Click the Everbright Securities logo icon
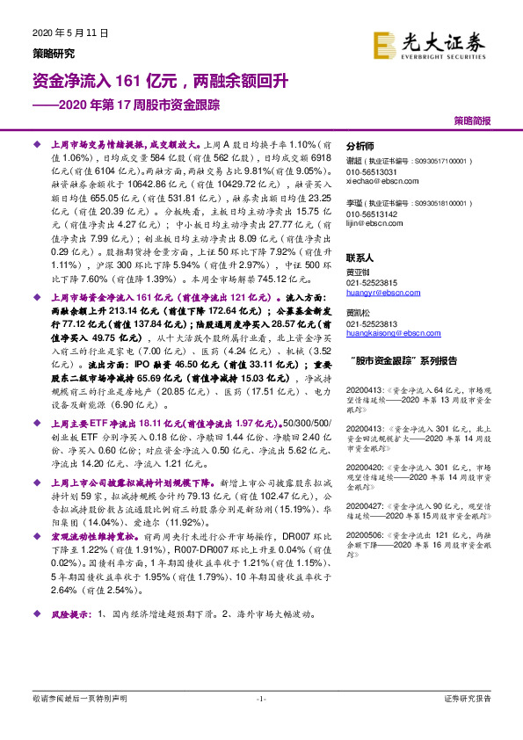(385, 45)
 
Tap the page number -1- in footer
(260, 698)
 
